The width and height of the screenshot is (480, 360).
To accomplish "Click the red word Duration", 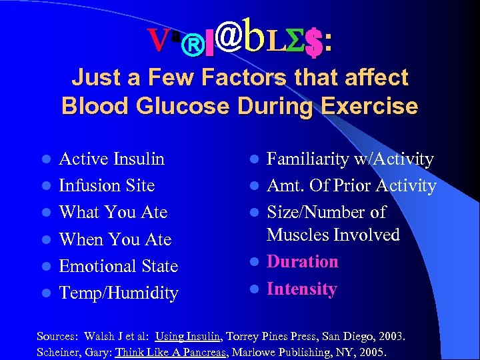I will [x=303, y=261].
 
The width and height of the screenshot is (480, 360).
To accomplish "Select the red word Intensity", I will [x=302, y=289].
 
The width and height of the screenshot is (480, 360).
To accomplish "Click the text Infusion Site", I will [x=107, y=185].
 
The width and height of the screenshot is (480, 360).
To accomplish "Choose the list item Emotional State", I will [x=119, y=266].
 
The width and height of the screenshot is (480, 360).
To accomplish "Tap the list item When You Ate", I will [x=115, y=239].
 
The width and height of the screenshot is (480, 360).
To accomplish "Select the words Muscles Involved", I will [x=333, y=235].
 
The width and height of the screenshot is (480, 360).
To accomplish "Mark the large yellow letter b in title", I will [x=255, y=37].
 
